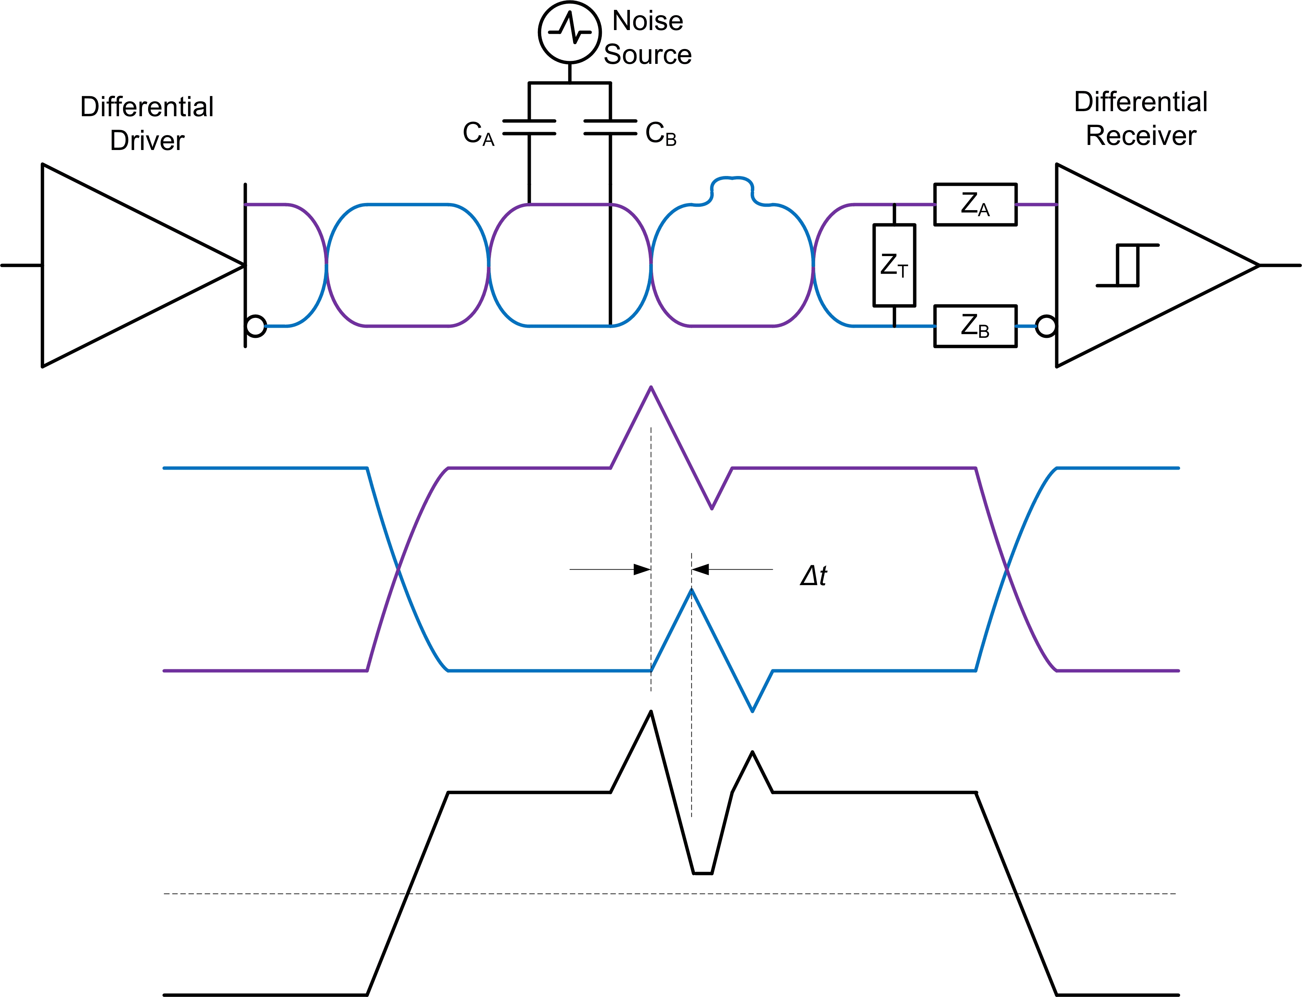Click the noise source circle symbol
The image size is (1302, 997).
click(569, 32)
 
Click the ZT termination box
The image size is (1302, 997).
click(894, 265)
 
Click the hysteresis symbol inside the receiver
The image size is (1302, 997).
click(1127, 265)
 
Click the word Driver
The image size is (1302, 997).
click(147, 141)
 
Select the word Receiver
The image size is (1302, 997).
click(1140, 136)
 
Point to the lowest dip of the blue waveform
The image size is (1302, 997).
click(752, 711)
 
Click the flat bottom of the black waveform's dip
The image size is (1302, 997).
click(702, 873)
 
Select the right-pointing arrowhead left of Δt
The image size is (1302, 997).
click(642, 570)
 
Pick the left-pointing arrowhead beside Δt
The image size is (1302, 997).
click(701, 570)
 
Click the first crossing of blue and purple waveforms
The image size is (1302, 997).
click(398, 570)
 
